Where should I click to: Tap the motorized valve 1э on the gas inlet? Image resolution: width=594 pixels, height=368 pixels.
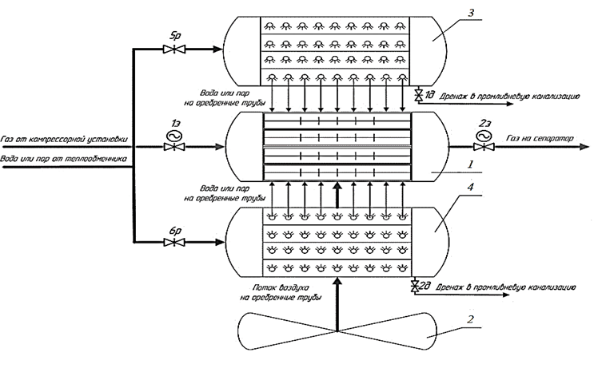click(x=173, y=147)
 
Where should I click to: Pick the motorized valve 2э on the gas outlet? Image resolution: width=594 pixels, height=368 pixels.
click(x=480, y=147)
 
